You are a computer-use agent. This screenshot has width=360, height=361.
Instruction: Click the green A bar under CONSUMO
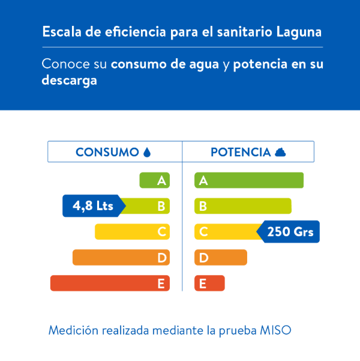click(154, 180)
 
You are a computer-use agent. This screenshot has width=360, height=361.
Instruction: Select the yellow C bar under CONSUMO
click(132, 232)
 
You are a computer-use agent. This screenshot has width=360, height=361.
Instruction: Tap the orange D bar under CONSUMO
click(121, 258)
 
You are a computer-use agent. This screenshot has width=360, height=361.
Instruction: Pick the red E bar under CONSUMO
click(110, 284)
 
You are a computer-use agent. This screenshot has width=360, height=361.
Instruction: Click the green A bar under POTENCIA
click(249, 180)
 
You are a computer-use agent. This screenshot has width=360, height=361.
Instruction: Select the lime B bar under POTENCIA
click(243, 206)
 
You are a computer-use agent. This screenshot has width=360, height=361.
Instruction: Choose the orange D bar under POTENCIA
click(221, 258)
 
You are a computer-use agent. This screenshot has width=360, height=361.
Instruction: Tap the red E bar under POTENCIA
click(209, 284)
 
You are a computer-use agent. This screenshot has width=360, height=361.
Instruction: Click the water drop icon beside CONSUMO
click(147, 153)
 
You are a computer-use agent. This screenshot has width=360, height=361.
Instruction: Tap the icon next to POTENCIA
click(280, 153)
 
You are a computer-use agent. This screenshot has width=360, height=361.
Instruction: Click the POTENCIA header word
click(241, 153)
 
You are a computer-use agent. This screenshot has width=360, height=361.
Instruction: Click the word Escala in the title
click(59, 32)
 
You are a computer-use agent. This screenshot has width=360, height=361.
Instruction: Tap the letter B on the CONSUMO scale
click(161, 206)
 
